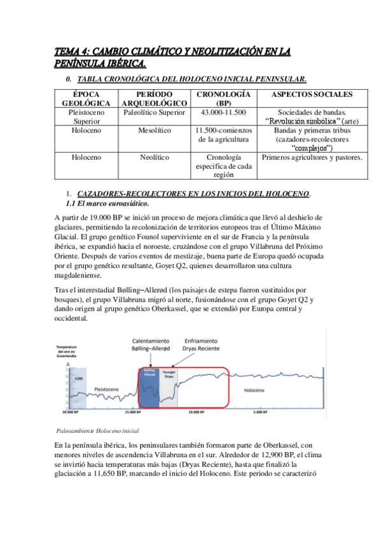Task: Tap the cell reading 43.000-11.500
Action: (223, 112)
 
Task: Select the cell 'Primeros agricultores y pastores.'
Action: (312, 157)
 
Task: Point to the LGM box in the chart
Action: (78, 377)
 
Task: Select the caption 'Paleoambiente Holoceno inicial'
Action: (98, 430)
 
